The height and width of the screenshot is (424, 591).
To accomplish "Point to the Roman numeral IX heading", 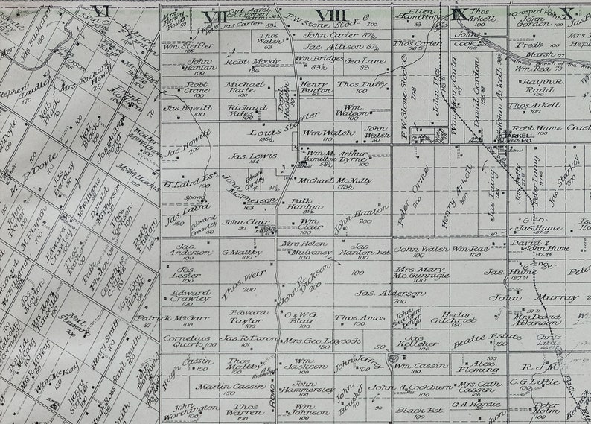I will (459, 13).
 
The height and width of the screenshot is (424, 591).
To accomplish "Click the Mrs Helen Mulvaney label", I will (304, 248).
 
